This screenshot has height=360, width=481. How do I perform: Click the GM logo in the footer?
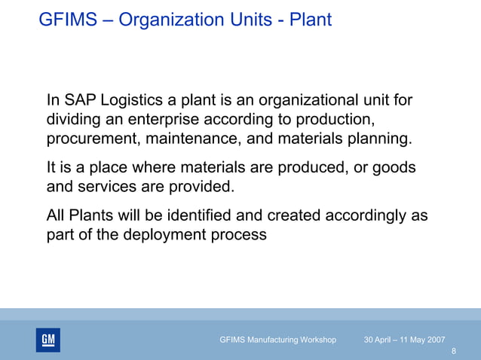(x=47, y=340)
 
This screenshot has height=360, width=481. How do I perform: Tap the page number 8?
(x=453, y=352)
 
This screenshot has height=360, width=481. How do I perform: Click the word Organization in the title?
(x=165, y=20)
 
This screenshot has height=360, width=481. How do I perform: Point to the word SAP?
(x=81, y=101)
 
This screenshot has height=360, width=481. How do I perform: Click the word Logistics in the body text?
(x=134, y=101)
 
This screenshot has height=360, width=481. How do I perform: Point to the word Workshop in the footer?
(x=316, y=340)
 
